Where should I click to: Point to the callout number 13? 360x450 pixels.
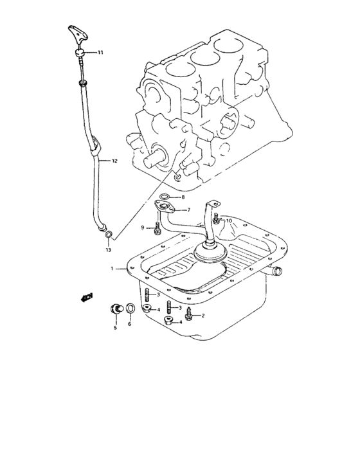[109, 249]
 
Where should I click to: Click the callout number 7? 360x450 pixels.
[188, 210]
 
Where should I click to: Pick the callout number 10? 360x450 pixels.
[229, 221]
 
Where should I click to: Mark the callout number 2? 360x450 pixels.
[203, 315]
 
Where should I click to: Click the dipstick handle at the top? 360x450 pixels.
[75, 35]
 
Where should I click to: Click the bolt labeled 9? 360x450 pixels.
[157, 227]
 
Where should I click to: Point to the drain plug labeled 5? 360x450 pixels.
[116, 307]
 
